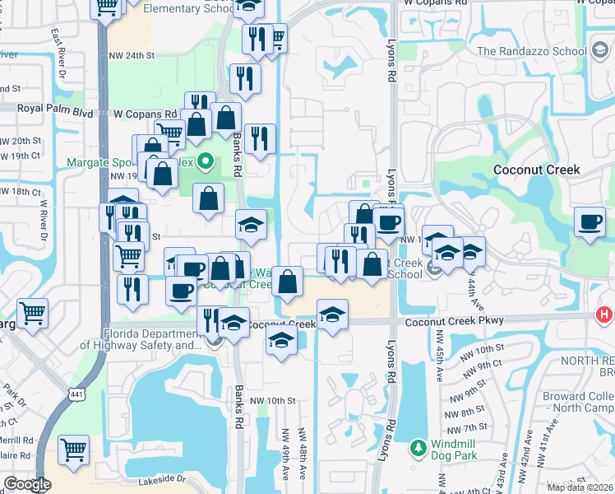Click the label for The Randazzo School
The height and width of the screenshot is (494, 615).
(531, 51)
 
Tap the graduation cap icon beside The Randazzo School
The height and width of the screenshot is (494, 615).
(600, 51)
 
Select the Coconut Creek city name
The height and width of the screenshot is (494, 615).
(536, 170)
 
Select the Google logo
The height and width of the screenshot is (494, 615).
(27, 484)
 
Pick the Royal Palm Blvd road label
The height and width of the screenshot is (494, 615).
(45, 108)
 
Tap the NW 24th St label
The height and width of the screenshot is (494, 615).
(132, 56)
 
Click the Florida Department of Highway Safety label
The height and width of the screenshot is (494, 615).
(152, 341)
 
